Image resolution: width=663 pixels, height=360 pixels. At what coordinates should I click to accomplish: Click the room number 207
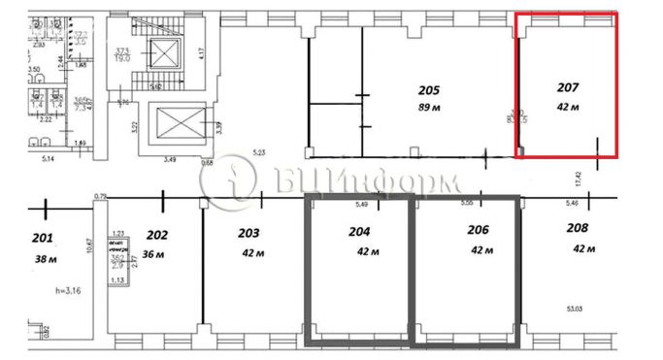coord(568,88)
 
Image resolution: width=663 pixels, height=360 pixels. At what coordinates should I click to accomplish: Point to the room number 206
coord(478,232)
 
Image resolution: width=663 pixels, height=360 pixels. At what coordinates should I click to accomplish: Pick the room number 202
coord(157,236)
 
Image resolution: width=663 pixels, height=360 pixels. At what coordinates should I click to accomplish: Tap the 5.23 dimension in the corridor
coord(258,153)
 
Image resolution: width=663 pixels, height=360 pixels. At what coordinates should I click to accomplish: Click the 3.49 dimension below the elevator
coord(171,160)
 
